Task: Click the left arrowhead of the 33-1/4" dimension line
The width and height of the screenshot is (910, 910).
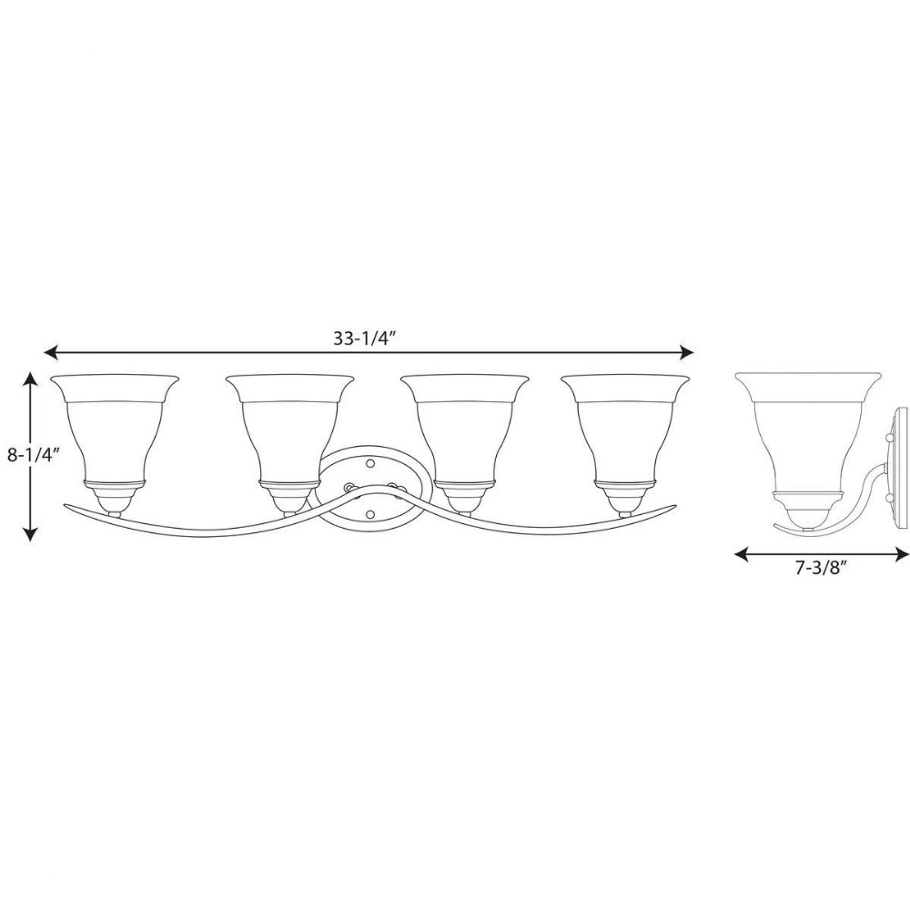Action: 50,352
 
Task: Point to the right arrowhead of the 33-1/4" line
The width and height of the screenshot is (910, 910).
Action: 686,352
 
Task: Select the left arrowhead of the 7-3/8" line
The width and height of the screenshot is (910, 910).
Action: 741,555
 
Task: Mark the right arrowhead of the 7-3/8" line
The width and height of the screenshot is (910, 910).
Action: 902,555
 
